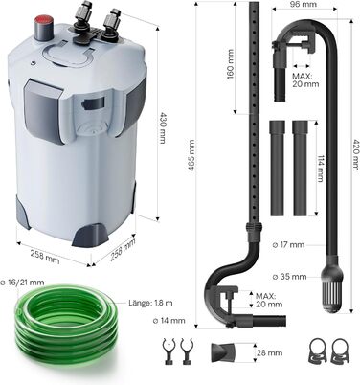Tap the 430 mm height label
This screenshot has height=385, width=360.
pos(163,127)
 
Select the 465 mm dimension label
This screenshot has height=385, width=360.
pos(191,155)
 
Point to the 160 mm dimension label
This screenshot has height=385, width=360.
pos(230,64)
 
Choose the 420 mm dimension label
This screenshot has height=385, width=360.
pos(355,155)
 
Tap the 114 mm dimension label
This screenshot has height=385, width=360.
pos(320,169)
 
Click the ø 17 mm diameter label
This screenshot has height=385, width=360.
pos(289,245)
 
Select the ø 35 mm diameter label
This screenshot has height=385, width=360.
pos(289,277)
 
